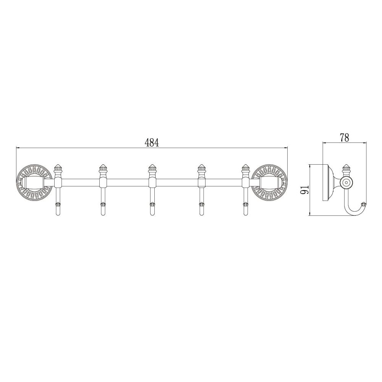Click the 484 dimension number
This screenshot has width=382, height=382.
(152, 142)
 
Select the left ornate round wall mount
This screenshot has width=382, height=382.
(34, 182)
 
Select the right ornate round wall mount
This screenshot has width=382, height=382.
(270, 182)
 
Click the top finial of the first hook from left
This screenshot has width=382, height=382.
(58, 168)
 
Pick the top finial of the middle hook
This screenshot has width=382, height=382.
(152, 168)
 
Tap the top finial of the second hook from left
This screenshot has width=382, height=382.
(102, 168)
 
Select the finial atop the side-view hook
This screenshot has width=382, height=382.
(346, 168)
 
